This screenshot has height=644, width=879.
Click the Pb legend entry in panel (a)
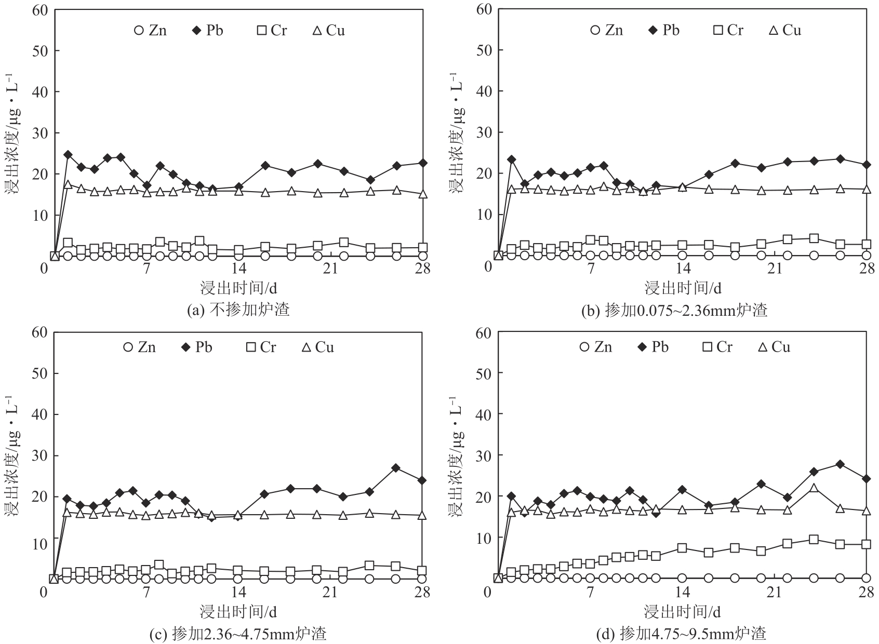click(207, 30)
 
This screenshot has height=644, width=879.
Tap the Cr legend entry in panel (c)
click(262, 347)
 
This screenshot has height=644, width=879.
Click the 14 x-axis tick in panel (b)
click(683, 268)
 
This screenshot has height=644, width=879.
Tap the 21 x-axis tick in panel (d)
click(775, 592)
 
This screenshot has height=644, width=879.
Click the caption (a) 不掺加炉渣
click(238, 310)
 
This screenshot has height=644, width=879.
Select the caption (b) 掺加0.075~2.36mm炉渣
click(674, 310)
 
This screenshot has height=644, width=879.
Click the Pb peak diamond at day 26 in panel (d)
click(840, 464)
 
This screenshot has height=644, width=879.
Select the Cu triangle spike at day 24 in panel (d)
click(814, 488)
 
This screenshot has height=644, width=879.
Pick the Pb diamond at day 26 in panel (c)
click(396, 468)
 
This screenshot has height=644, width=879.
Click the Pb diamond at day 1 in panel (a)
click(68, 155)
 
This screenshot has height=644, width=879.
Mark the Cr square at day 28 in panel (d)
click(866, 544)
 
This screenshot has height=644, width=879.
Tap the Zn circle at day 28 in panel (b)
click(866, 256)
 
